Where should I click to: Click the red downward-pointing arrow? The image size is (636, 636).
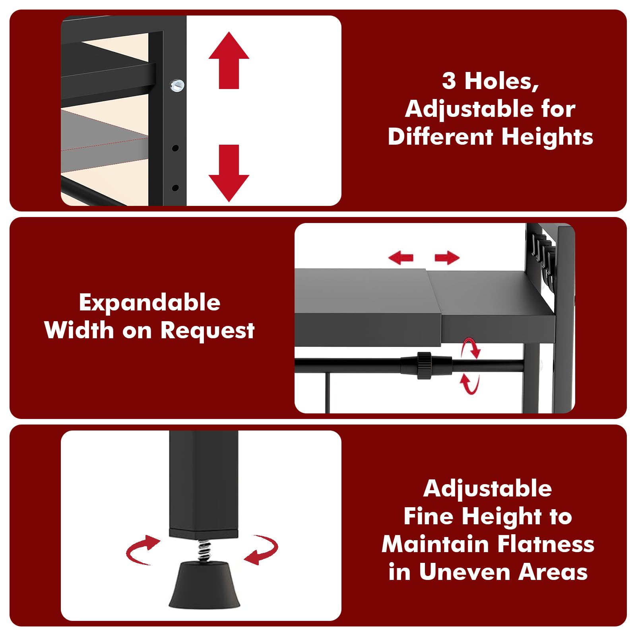tap(229, 173)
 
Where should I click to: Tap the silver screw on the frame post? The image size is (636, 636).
tap(177, 85)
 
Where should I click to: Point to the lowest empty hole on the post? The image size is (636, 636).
tap(175, 188)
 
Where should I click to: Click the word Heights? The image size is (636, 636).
tap(547, 137)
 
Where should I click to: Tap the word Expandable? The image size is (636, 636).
tap(149, 303)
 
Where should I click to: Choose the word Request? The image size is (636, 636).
tap(207, 331)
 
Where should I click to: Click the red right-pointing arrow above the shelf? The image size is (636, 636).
tap(447, 258)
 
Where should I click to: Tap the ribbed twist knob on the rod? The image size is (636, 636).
tap(424, 365)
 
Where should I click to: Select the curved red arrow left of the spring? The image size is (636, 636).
tap(143, 550)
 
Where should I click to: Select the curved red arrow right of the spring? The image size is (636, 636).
tap(261, 550)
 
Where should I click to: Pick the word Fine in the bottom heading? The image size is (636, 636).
tap(429, 516)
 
